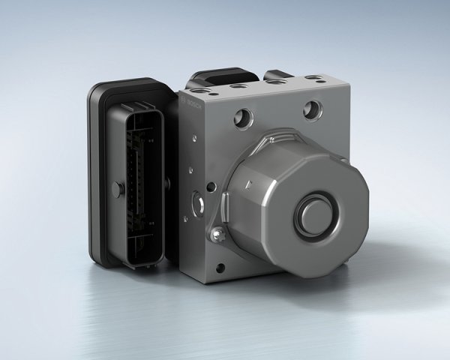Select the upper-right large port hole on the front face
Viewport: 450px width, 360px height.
312,110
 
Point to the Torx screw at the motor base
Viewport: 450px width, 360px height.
217,236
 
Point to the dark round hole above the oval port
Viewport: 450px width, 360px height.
212,184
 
